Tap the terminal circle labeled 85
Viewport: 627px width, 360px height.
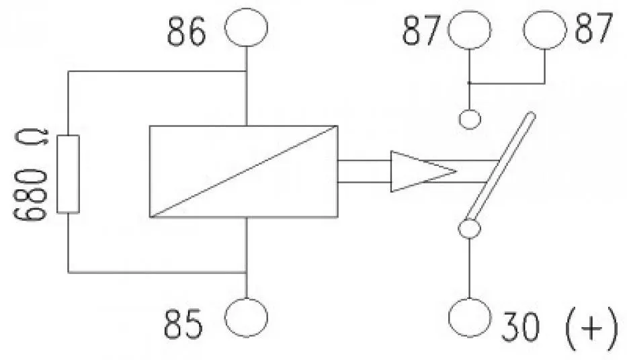click(246, 318)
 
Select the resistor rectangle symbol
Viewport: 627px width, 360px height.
click(68, 174)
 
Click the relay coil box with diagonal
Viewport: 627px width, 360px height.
click(243, 171)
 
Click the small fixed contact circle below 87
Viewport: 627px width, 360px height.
click(470, 120)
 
